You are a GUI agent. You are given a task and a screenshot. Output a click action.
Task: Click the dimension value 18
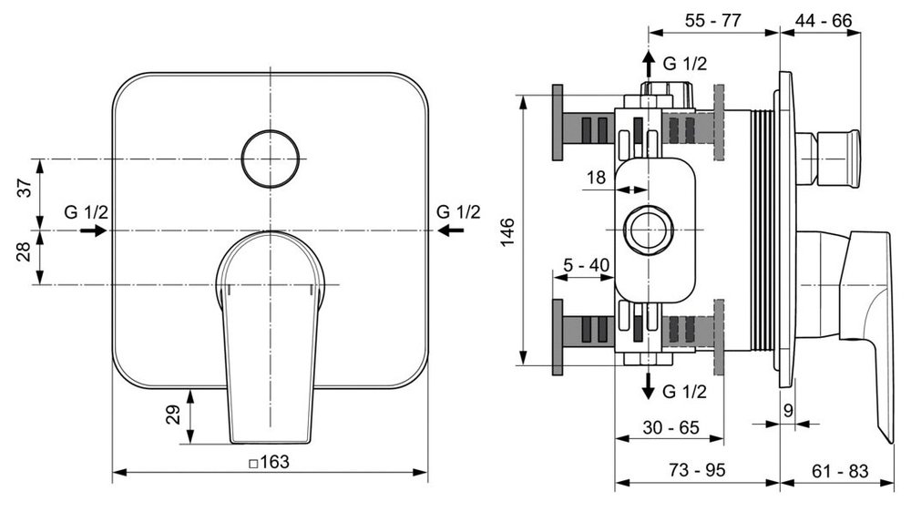tap(595, 178)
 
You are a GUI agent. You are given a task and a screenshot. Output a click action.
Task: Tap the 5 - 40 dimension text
tap(586, 265)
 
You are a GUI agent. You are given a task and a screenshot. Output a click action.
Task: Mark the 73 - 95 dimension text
tap(698, 470)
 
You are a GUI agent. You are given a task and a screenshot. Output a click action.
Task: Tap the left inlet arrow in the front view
tap(92, 231)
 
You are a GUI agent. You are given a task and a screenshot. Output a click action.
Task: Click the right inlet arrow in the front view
tap(448, 231)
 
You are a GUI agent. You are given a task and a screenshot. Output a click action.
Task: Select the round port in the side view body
tap(648, 230)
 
